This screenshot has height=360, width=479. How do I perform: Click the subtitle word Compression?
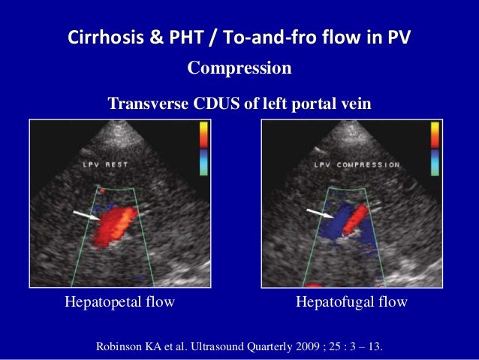point(239,69)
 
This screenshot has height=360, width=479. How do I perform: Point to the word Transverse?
point(149,103)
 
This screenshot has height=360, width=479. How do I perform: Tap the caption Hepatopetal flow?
point(120,302)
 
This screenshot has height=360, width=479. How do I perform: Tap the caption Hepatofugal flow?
point(352,302)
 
